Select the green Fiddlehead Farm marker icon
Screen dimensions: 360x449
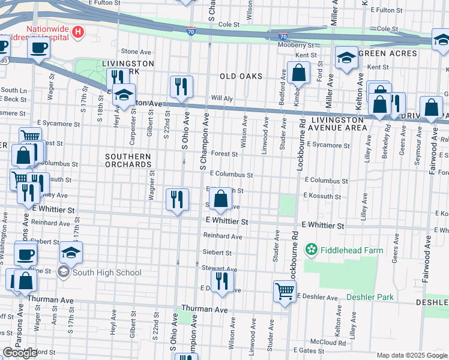(311, 248)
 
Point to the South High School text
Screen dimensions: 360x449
(107, 272)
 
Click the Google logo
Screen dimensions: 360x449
(20, 353)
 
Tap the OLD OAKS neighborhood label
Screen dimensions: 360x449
(241, 76)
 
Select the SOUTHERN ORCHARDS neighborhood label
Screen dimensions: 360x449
(128, 160)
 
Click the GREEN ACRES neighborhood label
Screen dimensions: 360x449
(387, 53)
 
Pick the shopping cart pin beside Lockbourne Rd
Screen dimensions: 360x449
(285, 292)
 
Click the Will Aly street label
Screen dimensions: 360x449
(221, 98)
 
